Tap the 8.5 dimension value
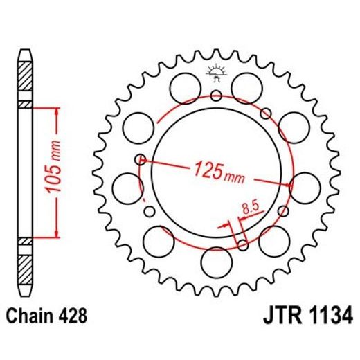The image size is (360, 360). click(251, 206)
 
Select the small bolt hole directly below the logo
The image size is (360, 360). click(216, 95)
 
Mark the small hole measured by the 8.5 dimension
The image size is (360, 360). click(242, 243)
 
